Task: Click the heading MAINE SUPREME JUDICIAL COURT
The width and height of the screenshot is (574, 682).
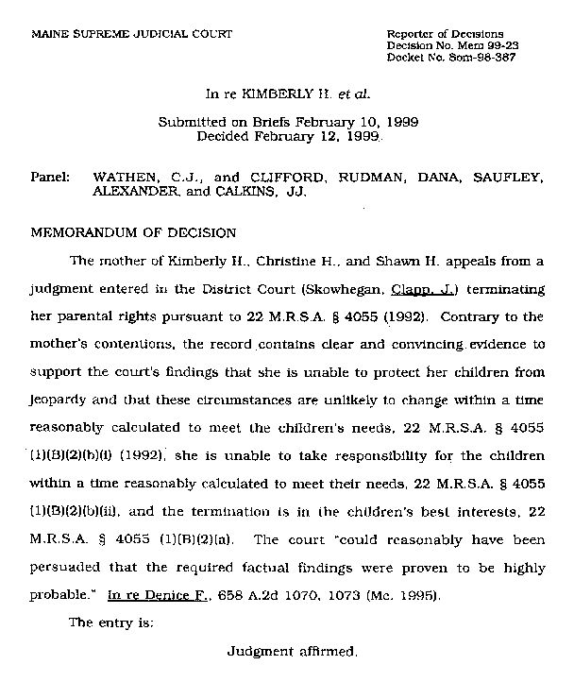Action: (131, 34)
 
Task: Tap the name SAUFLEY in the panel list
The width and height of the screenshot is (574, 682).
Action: (513, 176)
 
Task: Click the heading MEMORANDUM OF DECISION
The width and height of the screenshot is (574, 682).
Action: (134, 232)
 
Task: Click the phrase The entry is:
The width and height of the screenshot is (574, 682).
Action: (110, 623)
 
